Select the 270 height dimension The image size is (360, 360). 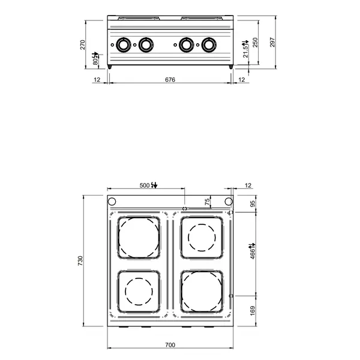[85, 45]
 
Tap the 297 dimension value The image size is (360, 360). [274, 43]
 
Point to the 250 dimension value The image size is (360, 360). [255, 43]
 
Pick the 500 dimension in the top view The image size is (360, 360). [144, 185]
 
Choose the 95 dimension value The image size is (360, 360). [253, 203]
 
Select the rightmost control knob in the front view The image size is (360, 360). [209, 44]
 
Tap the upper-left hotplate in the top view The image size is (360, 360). [139, 237]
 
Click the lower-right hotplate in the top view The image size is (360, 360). [202, 292]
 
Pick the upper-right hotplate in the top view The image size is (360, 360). [202, 237]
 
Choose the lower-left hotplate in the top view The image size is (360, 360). [139, 292]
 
